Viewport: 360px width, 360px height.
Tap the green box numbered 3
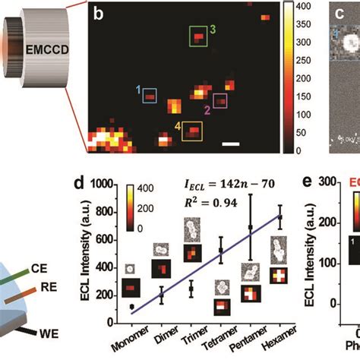click(x=198, y=37)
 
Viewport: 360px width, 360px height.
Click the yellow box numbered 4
click(x=192, y=131)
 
